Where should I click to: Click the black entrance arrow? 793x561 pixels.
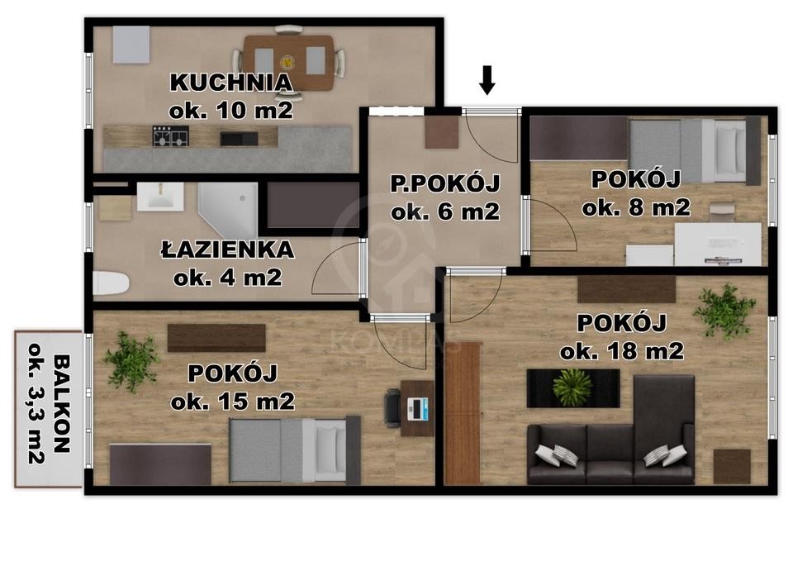coord(487,80)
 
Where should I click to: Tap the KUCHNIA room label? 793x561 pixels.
coord(231,83)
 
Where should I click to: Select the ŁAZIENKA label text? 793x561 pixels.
coord(228,250)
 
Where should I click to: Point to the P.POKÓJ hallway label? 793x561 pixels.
coord(445,183)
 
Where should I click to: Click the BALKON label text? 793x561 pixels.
coord(62,404)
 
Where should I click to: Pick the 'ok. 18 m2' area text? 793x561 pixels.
coord(622,350)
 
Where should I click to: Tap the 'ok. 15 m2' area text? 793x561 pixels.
coord(233,402)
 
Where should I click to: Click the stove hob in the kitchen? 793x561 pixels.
coord(170,136)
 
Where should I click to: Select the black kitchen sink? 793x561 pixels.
coord(239,138)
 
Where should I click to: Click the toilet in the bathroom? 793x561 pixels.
coord(111,283)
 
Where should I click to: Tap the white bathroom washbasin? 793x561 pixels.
coord(160,197)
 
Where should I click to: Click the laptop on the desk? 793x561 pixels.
coord(418,409)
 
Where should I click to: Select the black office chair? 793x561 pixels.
coord(393,407)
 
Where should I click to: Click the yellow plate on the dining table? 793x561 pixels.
coord(287,63)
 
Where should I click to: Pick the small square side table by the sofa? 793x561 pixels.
coord(732,467)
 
